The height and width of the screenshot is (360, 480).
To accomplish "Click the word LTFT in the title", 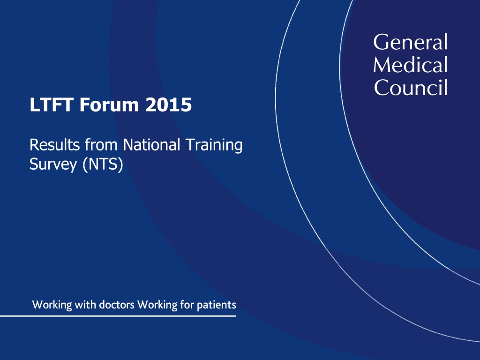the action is (51, 105).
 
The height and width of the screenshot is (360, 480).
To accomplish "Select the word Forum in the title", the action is (109, 105).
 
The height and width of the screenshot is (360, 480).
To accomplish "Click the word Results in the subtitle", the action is (54, 145).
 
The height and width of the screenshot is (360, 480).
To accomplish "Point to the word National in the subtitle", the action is (151, 145).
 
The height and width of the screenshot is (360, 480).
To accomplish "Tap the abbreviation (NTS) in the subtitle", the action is (103, 165).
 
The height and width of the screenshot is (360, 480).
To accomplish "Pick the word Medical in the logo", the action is (410, 65).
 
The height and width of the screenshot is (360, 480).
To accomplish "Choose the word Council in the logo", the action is (411, 87).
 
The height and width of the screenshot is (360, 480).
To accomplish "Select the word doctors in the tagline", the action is (117, 305).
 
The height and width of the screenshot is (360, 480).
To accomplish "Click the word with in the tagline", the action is (85, 305).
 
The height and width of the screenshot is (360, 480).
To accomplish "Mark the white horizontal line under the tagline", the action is (118, 316).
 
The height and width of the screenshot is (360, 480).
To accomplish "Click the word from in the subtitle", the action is (101, 145).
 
